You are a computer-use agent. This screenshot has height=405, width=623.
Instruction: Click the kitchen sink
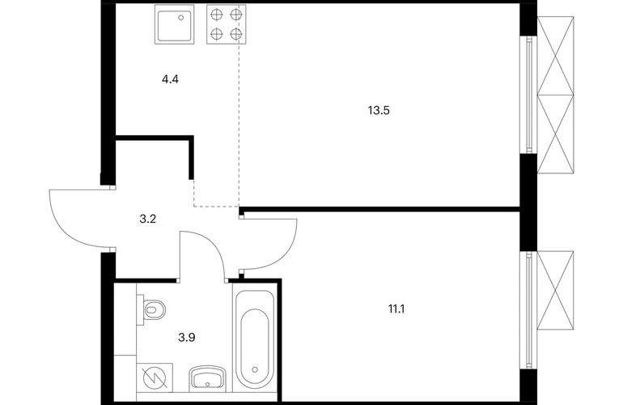175,24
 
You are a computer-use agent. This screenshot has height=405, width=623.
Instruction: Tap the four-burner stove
226,24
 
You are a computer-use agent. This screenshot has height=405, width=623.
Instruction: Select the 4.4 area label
170,79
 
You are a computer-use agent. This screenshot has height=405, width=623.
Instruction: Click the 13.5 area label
379,111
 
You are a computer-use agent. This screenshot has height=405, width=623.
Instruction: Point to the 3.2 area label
147,219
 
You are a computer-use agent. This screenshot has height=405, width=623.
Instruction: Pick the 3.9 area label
186,338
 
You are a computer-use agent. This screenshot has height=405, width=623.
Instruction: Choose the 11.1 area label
396,309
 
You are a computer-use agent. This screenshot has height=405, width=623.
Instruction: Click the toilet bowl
152,309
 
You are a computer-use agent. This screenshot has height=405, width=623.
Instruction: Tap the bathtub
254,339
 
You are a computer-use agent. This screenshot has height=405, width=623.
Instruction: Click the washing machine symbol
155,377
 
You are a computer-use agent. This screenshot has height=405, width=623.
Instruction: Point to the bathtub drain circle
255,369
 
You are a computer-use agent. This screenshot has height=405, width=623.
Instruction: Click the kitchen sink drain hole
181,18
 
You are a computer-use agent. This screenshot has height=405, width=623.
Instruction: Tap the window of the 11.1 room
529,311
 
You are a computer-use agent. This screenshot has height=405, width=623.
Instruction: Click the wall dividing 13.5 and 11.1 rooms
379,209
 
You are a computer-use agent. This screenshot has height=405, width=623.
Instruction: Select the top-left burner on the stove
216,15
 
